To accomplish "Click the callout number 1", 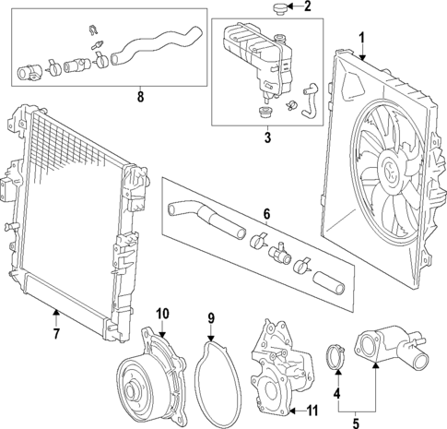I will click(x=361, y=39).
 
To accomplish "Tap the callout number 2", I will click(x=307, y=8).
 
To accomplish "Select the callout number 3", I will click(x=268, y=139).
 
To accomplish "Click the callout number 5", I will click(x=357, y=422).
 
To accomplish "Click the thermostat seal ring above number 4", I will click(x=337, y=354).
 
